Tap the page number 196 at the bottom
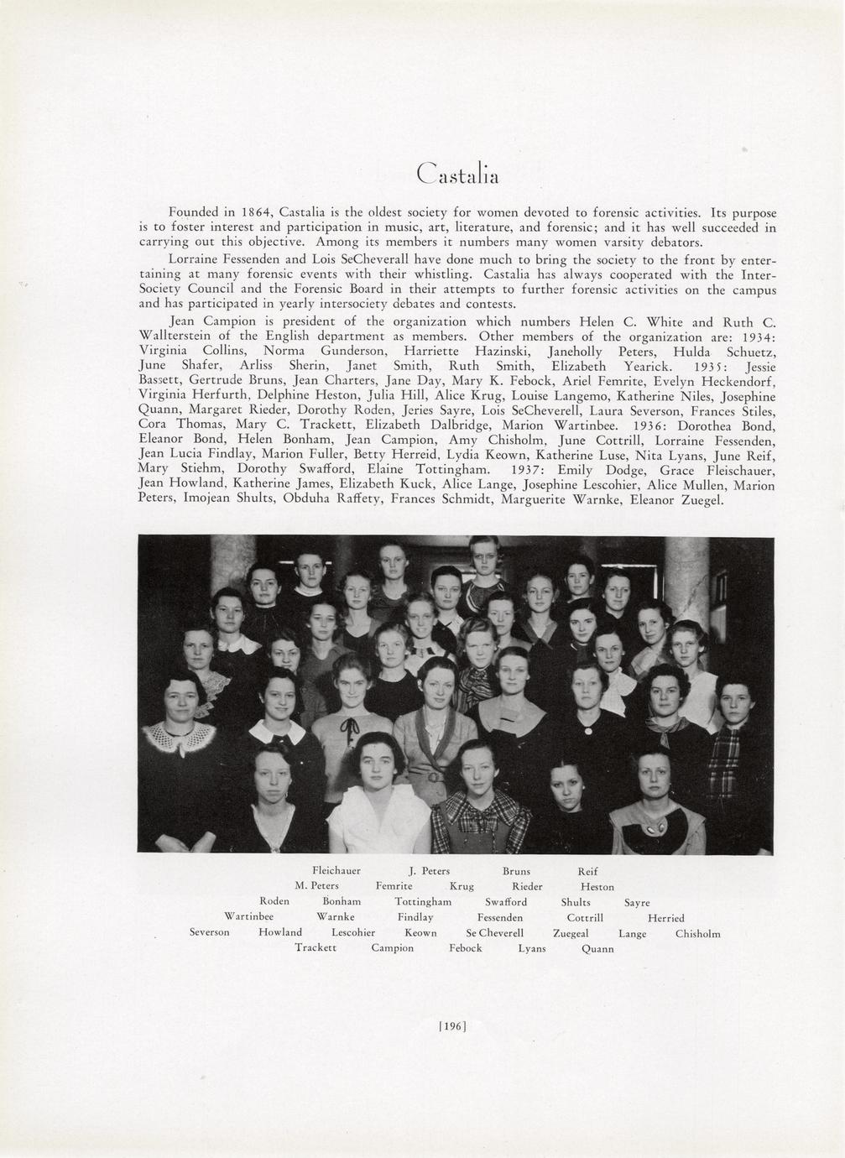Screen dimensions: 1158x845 click(x=452, y=1025)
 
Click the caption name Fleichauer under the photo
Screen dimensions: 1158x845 click(x=336, y=871)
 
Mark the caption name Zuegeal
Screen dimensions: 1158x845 click(x=571, y=933)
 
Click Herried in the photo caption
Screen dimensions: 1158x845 click(x=665, y=918)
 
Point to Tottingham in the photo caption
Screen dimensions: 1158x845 click(x=423, y=902)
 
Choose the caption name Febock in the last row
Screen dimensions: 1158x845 click(x=465, y=948)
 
